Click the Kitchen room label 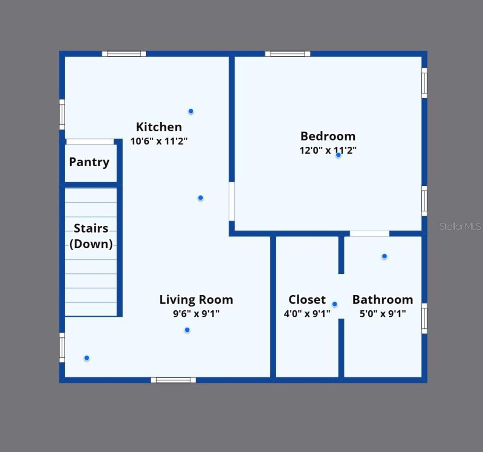pos(159,127)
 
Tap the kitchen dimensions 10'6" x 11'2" pos(159,141)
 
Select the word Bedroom pos(328,136)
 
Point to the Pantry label pos(89,162)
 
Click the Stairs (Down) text pos(91,236)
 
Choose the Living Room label pos(196,300)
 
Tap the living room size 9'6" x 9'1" pos(196,314)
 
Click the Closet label pos(307,300)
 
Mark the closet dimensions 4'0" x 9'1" pos(307,314)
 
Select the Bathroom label pos(382,300)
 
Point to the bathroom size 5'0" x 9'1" pos(382,314)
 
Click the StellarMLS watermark pos(460,226)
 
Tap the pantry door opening pos(90,142)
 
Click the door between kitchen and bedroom pos(232,201)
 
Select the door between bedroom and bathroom pos(369,234)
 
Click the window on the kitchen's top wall pos(124,54)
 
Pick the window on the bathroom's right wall pos(424,318)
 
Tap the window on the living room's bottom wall pos(173,380)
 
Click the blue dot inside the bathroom pos(384,256)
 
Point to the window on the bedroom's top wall pos(288,54)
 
